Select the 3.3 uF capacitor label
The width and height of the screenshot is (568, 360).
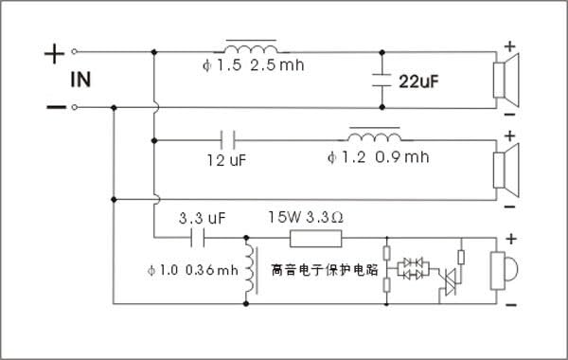203,217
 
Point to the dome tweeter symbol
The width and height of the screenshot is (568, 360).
502,270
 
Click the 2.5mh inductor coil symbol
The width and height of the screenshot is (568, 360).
251,47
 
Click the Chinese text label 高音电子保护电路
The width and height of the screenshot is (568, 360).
324,269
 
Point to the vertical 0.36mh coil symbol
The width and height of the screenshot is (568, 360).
251,270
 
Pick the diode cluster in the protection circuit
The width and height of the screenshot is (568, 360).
412,267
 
